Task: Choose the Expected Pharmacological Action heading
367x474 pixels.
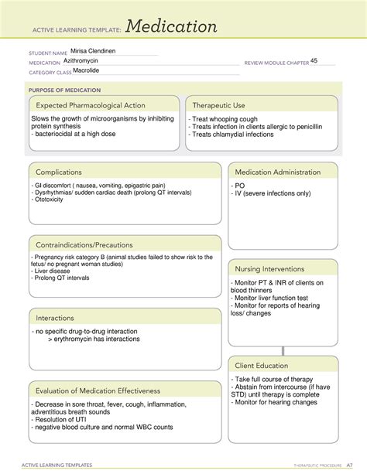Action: point(90,105)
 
